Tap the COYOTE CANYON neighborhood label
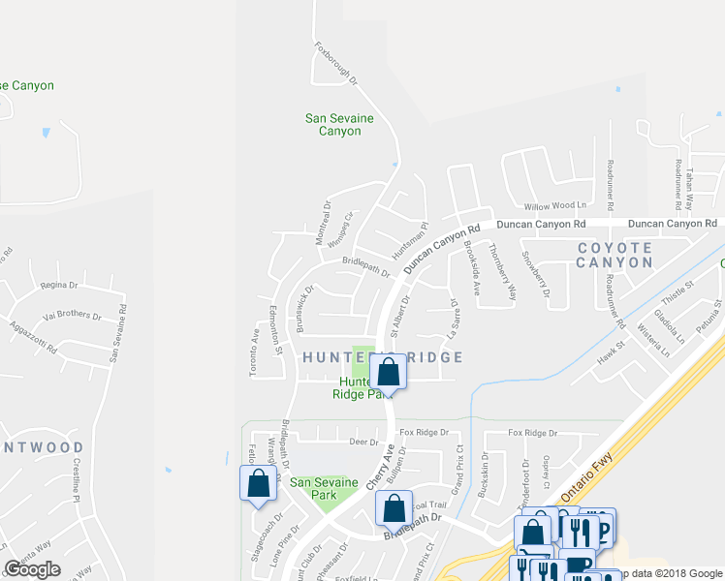[615, 256]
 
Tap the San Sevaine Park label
[314, 489]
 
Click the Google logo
[32, 569]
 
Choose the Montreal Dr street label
[326, 223]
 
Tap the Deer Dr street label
[363, 442]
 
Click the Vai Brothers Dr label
[72, 316]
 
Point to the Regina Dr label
[58, 286]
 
